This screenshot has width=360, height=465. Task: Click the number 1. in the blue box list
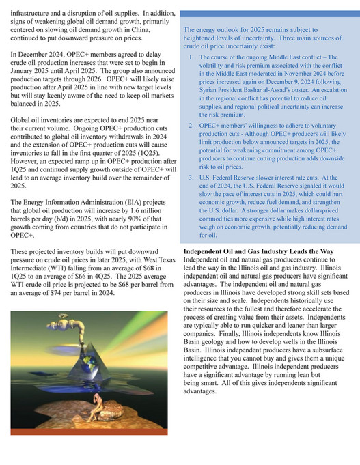tap(192, 57)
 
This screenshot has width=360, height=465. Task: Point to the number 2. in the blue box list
tap(192, 126)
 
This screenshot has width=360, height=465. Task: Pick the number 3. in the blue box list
tap(192, 178)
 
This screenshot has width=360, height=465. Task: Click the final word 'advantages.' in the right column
tap(204, 392)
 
